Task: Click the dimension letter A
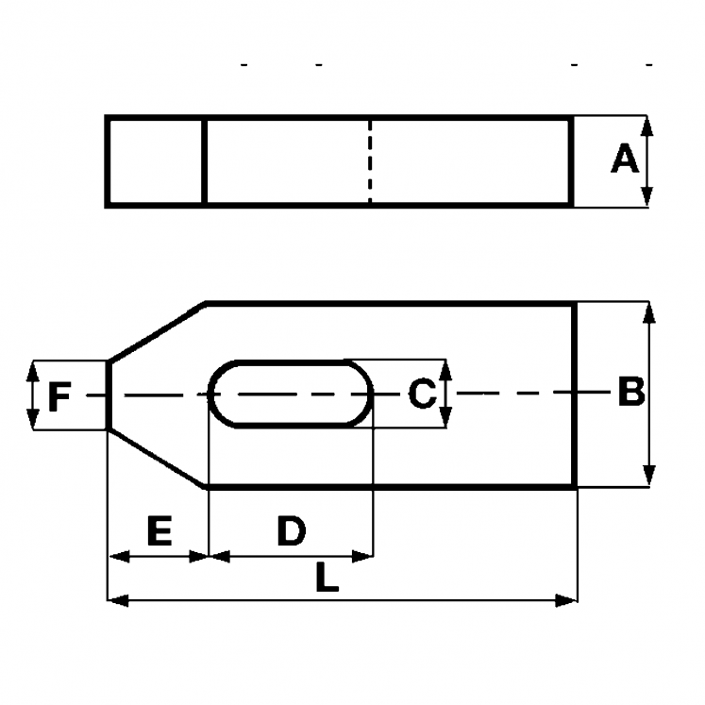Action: [624, 159]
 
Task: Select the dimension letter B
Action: [629, 392]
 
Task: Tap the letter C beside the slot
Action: [422, 394]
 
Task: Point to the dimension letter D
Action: [291, 532]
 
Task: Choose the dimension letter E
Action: [158, 532]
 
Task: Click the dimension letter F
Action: [59, 397]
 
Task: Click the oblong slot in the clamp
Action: [291, 394]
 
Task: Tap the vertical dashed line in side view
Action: [370, 160]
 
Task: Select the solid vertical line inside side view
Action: [205, 160]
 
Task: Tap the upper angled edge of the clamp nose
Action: [157, 331]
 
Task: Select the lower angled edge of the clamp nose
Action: [157, 458]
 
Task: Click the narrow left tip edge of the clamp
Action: [108, 394]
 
